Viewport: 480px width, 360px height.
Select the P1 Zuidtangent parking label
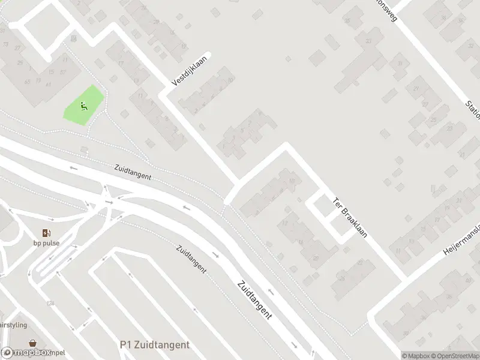(155, 345)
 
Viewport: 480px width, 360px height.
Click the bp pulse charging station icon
(46, 233)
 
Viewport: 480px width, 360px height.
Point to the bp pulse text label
(46, 243)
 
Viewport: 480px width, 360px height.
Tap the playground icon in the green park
(83, 107)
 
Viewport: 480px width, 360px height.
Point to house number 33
(368, 41)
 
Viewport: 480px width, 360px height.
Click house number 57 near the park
(62, 72)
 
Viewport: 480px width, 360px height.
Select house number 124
(51, 304)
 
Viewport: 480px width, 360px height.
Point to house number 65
(28, 81)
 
